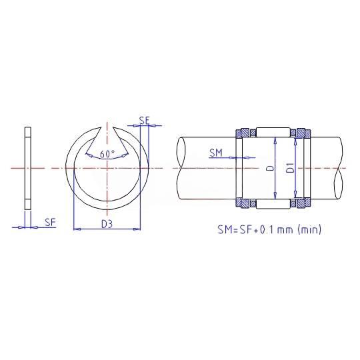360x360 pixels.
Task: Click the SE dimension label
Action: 145,120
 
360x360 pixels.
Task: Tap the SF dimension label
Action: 50,222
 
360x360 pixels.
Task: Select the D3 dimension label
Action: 107,224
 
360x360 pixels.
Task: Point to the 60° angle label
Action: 107,154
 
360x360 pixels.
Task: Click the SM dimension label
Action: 216,153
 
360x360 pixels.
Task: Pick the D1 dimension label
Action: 291,167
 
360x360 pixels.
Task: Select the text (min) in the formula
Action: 309,229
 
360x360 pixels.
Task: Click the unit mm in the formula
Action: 285,230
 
